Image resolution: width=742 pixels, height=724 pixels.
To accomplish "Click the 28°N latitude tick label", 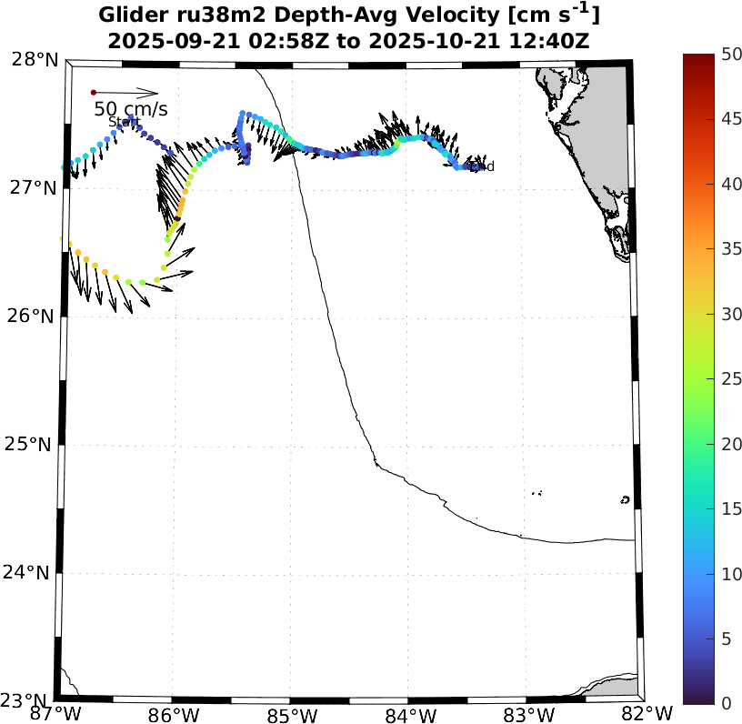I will click(x=35, y=60).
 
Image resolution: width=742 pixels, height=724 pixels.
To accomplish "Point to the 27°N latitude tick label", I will click(x=35, y=188).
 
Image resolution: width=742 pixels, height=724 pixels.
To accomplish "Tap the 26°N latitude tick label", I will click(x=35, y=317).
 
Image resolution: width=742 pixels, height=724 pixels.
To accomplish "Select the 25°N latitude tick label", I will click(x=35, y=445).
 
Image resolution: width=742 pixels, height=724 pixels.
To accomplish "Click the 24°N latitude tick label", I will click(x=35, y=573).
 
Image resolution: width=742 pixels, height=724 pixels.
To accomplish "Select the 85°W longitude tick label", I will click(x=291, y=714).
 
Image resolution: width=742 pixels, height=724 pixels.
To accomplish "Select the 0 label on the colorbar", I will click(x=726, y=702).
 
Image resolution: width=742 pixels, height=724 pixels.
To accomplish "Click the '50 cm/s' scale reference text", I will click(x=131, y=110).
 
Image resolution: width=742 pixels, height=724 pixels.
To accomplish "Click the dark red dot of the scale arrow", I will click(x=94, y=92).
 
